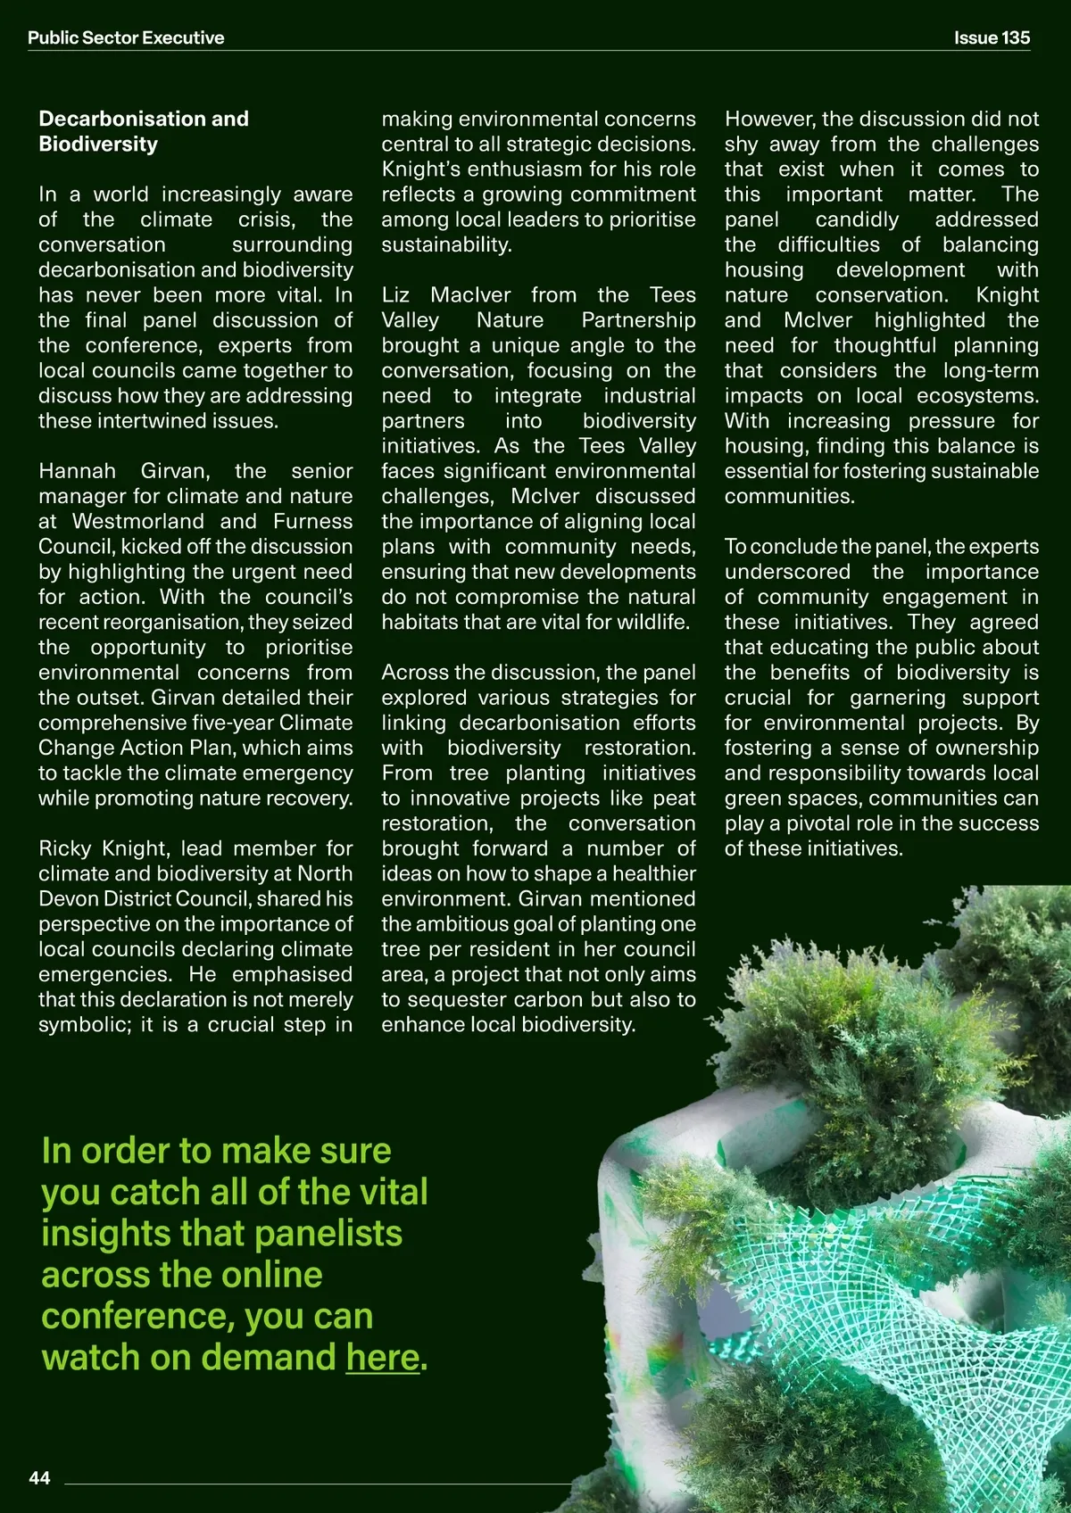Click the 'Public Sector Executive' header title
(x=126, y=37)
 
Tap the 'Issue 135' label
(x=992, y=37)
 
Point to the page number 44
(x=39, y=1478)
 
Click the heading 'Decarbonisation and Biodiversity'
(x=144, y=131)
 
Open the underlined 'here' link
(x=382, y=1357)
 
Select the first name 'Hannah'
(x=77, y=471)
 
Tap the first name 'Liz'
(x=395, y=295)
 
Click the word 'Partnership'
(x=638, y=320)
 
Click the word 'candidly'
(x=857, y=219)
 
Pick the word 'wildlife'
(x=652, y=622)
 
